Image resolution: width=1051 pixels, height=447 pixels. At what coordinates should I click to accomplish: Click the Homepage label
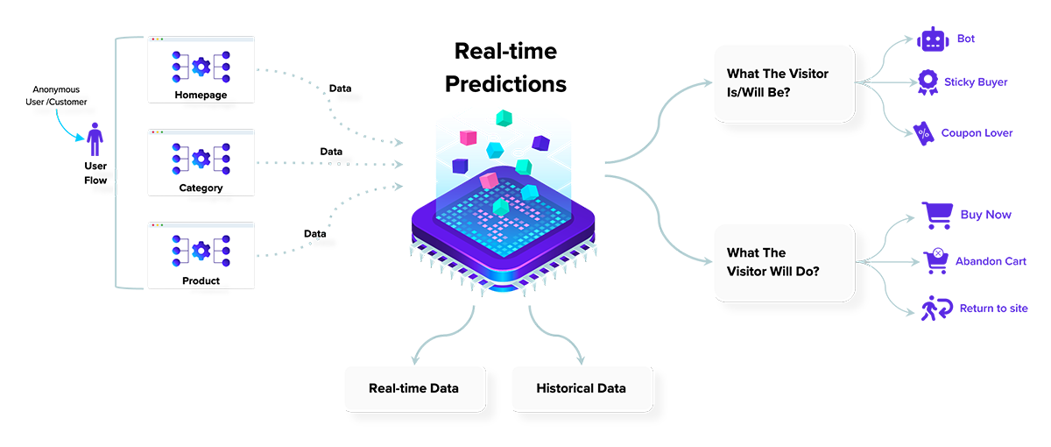[x=201, y=95]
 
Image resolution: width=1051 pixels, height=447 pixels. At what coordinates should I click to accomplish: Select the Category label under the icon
[x=201, y=188]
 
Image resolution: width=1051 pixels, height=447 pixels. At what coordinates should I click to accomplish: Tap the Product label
[x=201, y=280]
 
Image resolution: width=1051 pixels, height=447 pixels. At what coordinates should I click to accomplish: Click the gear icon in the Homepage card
[x=201, y=66]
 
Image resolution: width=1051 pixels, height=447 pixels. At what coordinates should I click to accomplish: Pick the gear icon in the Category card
[x=201, y=159]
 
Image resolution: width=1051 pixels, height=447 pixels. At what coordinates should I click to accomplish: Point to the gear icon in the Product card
[x=201, y=252]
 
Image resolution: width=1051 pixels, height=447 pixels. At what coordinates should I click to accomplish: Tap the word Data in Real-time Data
[x=442, y=387]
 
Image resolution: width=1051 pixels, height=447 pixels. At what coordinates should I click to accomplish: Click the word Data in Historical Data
[x=609, y=387]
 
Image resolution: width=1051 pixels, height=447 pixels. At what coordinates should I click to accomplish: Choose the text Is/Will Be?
[x=765, y=93]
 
